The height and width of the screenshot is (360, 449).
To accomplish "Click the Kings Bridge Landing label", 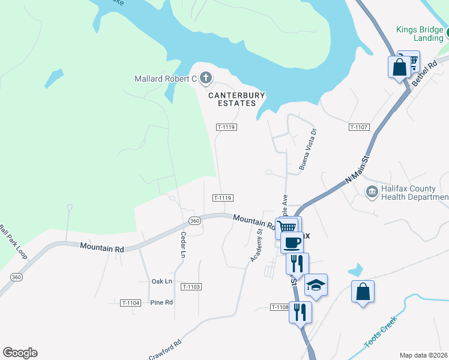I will [x=420, y=34].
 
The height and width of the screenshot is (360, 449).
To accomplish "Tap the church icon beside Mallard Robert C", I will [x=206, y=78].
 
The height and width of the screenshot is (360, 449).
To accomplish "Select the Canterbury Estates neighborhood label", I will [x=232, y=99].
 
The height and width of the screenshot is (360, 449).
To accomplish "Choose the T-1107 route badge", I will [x=358, y=127].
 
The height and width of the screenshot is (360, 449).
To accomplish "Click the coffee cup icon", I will [x=292, y=243].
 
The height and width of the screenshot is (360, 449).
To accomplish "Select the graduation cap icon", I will [x=316, y=285].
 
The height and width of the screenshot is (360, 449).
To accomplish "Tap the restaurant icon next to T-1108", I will [x=300, y=311].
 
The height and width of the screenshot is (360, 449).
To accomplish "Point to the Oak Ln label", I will [x=162, y=281].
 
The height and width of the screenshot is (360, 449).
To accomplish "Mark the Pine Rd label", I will [x=161, y=302].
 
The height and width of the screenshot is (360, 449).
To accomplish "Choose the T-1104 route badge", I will [x=130, y=303].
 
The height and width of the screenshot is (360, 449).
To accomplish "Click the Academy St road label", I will [x=256, y=240].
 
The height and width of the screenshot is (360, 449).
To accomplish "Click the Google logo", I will [x=20, y=353].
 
